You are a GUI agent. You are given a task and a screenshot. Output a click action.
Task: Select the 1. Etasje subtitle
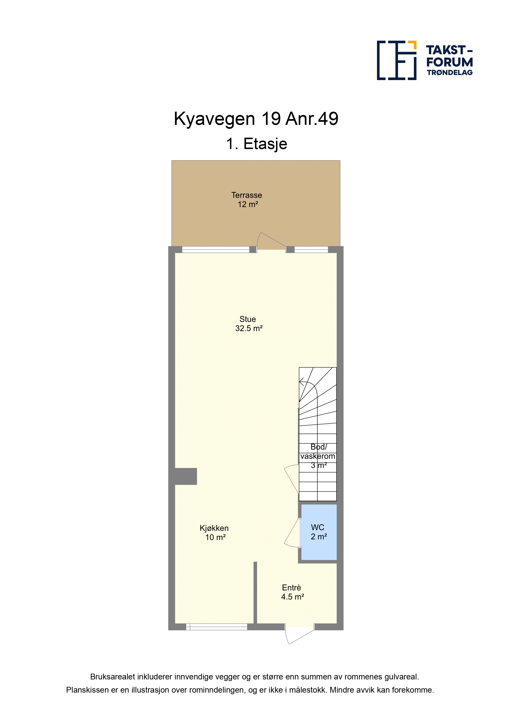coord(256,144)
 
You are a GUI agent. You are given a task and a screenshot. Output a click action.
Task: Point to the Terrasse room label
coord(247,195)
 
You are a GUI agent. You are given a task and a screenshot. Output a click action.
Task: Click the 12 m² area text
coord(248,204)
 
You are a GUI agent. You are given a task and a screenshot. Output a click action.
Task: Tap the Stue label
coord(248,319)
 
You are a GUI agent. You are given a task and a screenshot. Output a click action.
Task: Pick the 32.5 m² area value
coord(249,328)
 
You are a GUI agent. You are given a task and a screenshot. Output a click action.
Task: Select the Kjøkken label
coord(214,528)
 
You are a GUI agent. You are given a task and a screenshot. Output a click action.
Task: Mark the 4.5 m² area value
coord(292,597)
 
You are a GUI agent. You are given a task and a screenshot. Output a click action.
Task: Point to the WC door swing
coord(292,533)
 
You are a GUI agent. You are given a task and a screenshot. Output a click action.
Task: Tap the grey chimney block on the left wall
coord(186,477)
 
